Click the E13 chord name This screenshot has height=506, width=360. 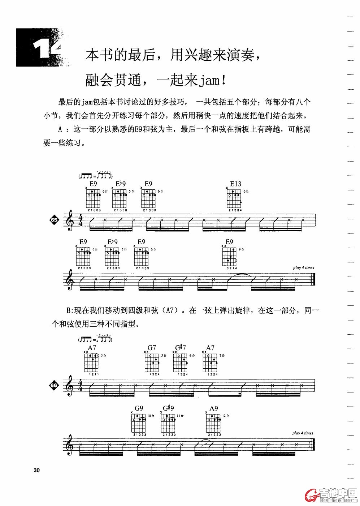(235, 184)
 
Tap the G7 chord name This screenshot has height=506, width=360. (152, 348)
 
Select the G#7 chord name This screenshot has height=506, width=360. (181, 348)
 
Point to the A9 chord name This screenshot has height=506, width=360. (214, 408)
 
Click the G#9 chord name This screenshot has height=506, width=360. (168, 408)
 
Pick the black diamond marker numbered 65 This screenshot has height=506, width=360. (54, 220)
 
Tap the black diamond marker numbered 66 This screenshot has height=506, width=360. (54, 386)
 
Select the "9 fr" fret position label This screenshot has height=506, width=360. (241, 249)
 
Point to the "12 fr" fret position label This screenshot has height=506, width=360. (226, 416)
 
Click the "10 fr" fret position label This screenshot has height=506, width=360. (151, 416)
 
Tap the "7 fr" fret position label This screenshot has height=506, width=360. (222, 356)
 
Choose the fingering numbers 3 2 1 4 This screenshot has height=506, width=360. (229, 268)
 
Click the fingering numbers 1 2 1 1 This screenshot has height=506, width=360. (92, 374)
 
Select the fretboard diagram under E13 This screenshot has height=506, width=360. (235, 199)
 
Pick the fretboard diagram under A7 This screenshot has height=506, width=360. (92, 363)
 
